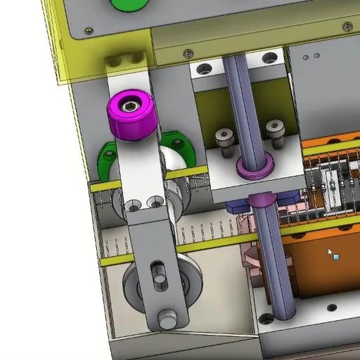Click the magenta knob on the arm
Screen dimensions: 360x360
tap(130, 116)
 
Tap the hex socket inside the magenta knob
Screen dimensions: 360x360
tap(130, 106)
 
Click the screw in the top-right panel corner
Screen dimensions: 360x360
tap(346, 27)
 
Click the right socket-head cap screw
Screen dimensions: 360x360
tap(273, 130)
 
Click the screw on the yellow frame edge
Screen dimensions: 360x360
tap(188, 53)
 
